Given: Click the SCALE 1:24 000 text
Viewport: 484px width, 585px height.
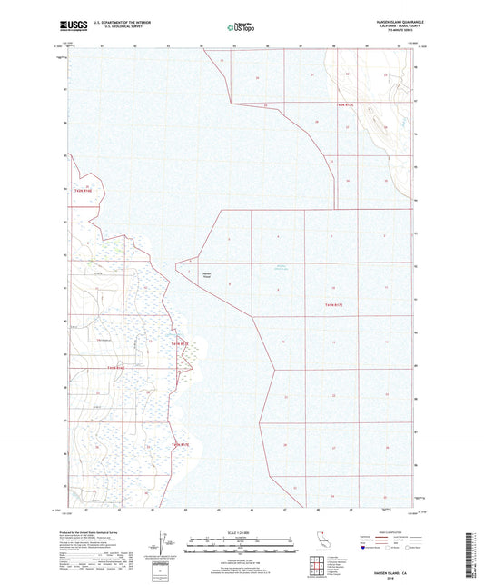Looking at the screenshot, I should tap(241, 530).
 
